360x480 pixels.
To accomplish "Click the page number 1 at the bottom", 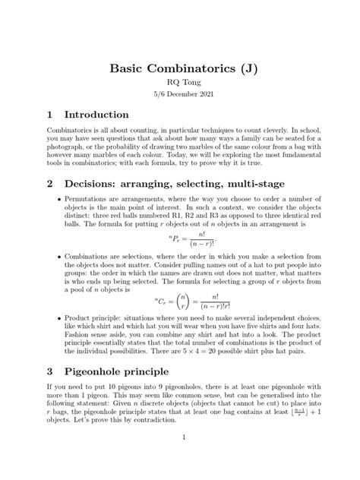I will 180,459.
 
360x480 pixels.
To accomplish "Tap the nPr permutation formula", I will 181,241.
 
